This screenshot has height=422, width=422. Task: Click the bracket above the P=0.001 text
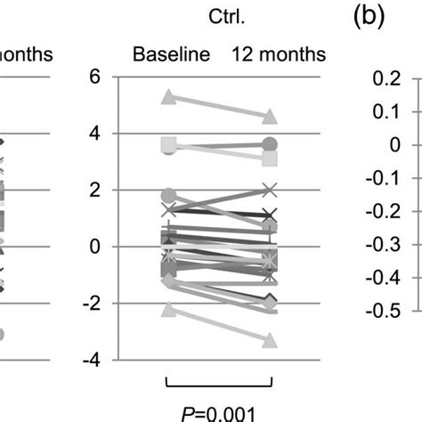pyautogui.click(x=219, y=384)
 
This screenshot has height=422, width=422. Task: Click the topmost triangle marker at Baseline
pyautogui.click(x=167, y=96)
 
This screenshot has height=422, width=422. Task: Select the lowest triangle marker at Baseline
pyautogui.click(x=167, y=309)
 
